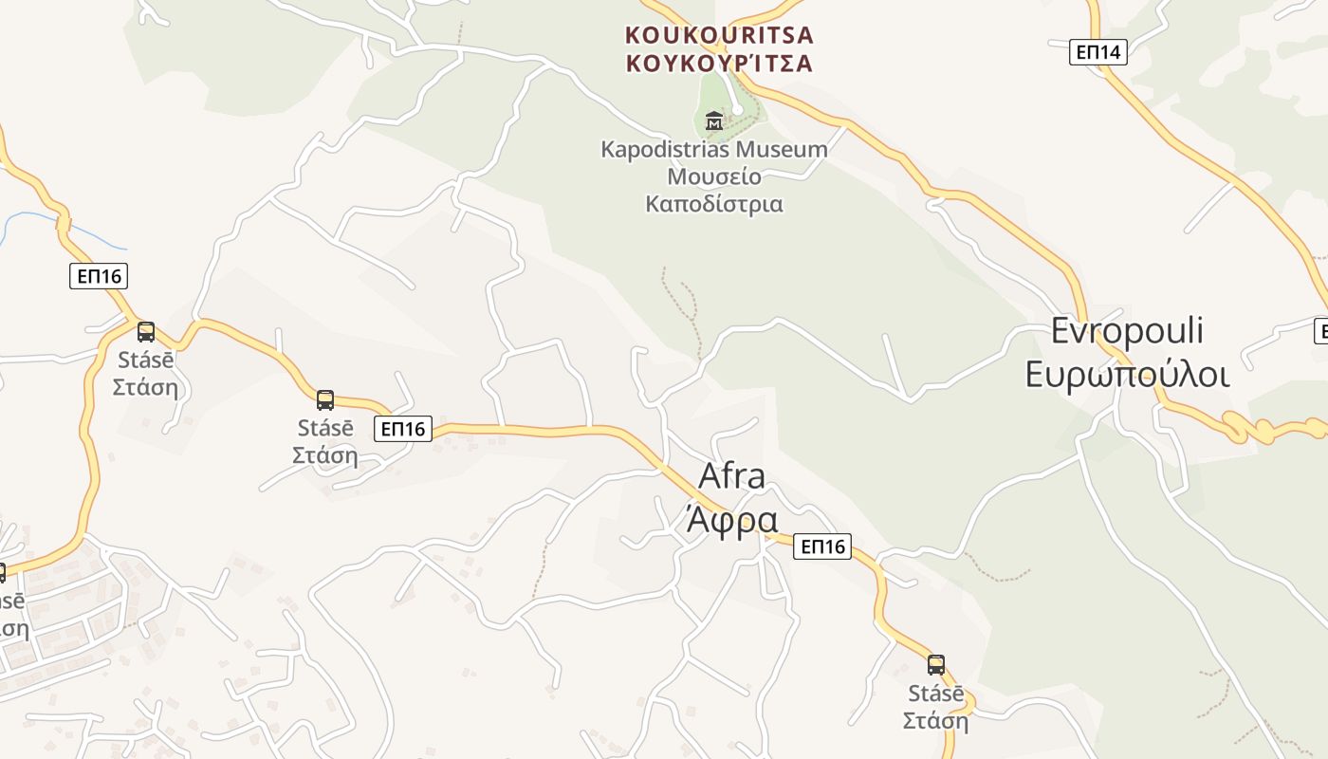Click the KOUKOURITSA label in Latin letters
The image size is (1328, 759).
coord(719,35)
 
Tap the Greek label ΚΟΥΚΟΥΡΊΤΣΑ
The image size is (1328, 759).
coord(719,64)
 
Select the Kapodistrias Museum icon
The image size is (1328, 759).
coord(714,120)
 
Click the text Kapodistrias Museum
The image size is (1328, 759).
coord(714,149)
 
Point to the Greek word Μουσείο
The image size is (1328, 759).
coord(714,176)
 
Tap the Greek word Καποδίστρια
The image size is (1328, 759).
coord(714,203)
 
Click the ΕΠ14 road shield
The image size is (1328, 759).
coord(1098,52)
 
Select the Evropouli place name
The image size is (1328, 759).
coord(1127,330)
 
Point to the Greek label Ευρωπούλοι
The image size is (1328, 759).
coord(1127,374)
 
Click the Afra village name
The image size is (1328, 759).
coord(731,476)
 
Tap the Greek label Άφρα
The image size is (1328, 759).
coord(731,520)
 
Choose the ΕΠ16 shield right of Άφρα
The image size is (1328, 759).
coord(821,546)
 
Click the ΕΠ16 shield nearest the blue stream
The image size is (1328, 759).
coord(99,276)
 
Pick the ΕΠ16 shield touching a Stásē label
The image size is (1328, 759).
coord(403,429)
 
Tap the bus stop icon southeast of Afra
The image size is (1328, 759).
coord(936,664)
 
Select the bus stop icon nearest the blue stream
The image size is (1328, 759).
coord(146,332)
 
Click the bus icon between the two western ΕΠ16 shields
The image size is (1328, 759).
coord(325,399)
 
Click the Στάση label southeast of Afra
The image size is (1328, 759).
coord(935,721)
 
